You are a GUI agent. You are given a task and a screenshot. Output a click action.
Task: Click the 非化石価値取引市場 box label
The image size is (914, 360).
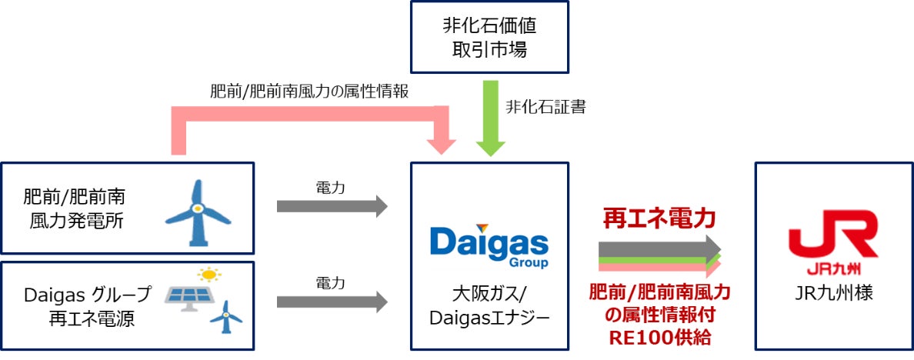[x=489, y=36]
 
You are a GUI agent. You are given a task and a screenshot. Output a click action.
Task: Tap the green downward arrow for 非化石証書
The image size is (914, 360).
[x=489, y=120]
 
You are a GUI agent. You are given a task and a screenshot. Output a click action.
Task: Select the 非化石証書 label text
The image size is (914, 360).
[x=545, y=107]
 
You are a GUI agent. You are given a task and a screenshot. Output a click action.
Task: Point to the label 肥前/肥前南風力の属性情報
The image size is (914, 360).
[x=309, y=91]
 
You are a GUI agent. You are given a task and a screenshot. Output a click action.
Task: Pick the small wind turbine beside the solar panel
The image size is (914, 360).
[x=226, y=315]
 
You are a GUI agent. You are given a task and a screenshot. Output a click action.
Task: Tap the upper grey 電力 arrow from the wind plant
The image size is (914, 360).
[x=332, y=205]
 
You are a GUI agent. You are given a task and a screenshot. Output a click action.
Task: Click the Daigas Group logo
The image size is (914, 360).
[x=489, y=245]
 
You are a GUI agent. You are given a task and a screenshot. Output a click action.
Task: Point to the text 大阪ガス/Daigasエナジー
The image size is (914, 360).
[x=489, y=305]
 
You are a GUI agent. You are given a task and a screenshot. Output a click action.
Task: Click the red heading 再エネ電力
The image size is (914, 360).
[x=659, y=218]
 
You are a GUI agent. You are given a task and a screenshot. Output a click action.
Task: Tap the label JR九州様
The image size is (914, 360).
[x=833, y=294]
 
